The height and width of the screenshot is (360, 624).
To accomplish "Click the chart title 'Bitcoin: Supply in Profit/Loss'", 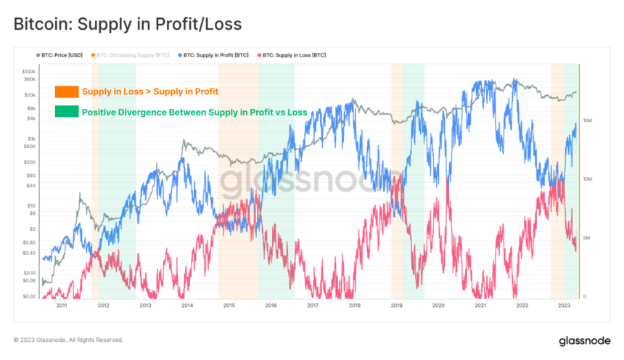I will tap(128, 24).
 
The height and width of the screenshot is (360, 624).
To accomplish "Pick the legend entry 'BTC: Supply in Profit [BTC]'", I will tap(215, 54).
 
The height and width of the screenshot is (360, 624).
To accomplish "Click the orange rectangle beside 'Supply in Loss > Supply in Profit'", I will tap(67, 91).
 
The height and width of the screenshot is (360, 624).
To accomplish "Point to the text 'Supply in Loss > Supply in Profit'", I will tap(149, 91).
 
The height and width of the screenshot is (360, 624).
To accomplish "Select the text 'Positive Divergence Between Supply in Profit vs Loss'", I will tap(194, 112).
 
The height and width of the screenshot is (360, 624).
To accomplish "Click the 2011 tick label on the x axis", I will tap(62, 306).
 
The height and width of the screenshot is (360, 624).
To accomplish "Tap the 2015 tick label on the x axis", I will tap(229, 306).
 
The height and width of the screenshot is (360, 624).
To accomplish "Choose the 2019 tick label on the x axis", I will tap(396, 306).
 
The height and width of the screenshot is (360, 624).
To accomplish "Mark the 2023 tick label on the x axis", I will tap(564, 306).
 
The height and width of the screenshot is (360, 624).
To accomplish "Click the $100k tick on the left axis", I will tap(28, 72).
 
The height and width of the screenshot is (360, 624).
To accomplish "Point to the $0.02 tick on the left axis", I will tap(28, 296).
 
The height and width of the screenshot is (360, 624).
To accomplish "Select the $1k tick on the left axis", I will tap(30, 139).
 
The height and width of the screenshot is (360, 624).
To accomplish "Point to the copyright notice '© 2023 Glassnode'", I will tap(68, 340).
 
